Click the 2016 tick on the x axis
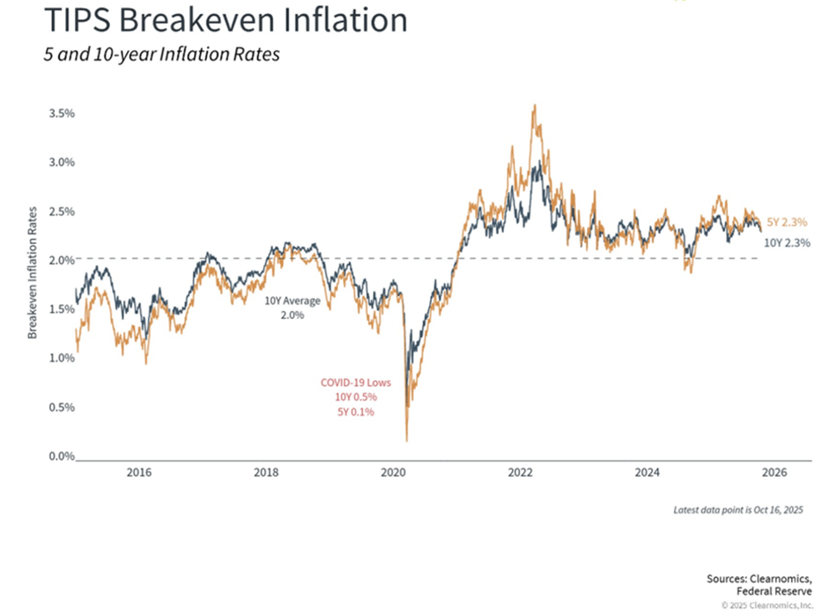click(x=139, y=473)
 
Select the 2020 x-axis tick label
click(x=394, y=473)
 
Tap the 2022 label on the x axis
click(x=521, y=473)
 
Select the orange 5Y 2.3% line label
click(x=785, y=221)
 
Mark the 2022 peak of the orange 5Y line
click(x=535, y=106)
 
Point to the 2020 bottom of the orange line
click(x=407, y=440)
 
